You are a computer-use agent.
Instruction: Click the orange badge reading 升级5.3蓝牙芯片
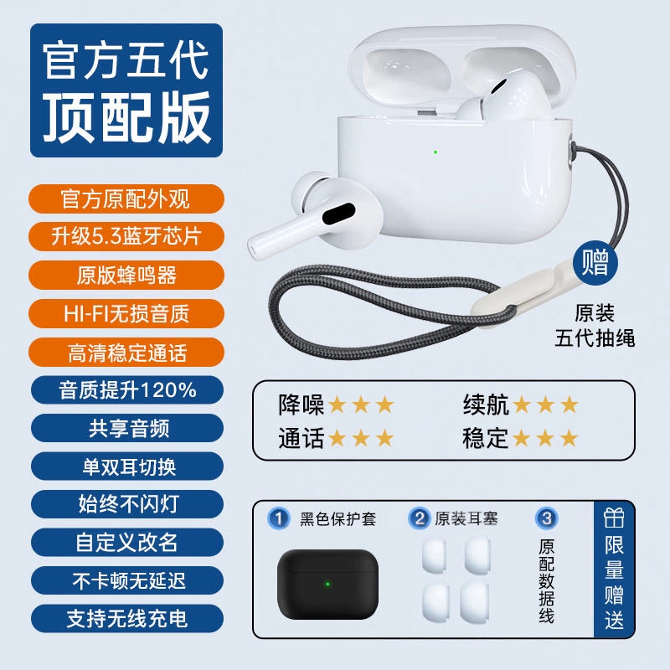point(126,236)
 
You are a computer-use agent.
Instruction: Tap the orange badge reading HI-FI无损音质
point(126,313)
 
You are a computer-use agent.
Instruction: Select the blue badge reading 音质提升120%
point(127,390)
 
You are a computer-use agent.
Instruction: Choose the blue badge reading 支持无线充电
point(127,619)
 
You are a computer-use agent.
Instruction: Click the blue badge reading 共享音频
point(127,428)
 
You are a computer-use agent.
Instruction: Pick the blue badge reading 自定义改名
point(127,543)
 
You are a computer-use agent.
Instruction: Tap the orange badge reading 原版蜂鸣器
point(126,276)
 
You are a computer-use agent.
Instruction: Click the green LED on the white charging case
point(435,152)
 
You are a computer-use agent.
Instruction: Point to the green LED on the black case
point(327,584)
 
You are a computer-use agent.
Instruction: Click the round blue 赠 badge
point(595,262)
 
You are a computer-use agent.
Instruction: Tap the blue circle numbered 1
point(279,518)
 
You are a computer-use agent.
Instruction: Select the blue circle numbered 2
point(419,518)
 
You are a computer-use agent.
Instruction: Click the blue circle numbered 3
point(547,518)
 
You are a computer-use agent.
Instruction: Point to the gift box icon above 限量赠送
point(614,518)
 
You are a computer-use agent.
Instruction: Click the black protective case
point(327,584)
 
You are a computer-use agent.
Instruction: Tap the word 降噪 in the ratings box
point(301,405)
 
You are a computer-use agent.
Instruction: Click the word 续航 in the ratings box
point(486,405)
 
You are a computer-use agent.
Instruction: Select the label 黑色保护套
point(338,518)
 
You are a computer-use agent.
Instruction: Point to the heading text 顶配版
point(127,117)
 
